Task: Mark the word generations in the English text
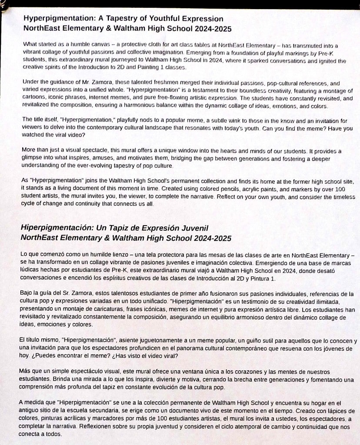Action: tap(251, 158)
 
